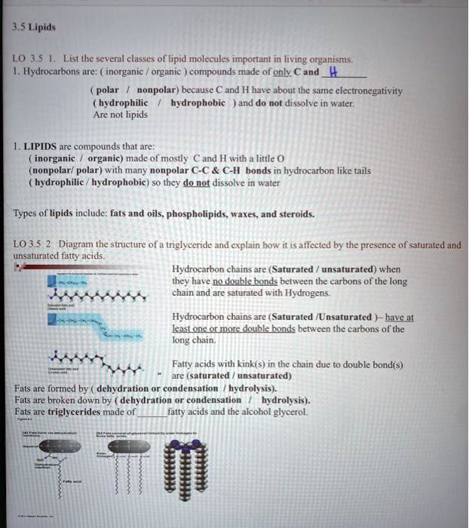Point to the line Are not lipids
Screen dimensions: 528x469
[x=119, y=115]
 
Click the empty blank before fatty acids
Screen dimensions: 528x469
[x=152, y=413]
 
